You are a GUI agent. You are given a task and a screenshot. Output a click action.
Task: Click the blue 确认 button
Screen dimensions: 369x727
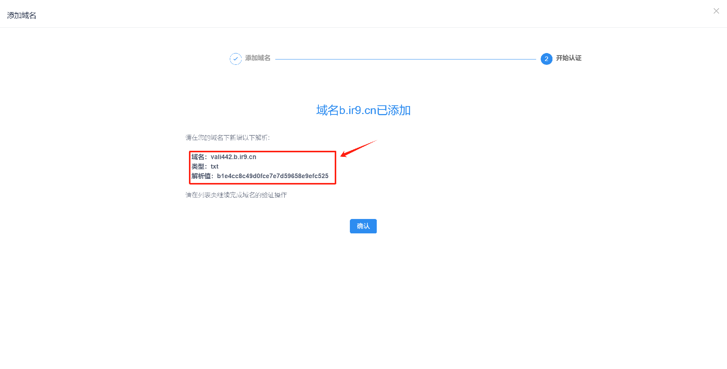coord(363,226)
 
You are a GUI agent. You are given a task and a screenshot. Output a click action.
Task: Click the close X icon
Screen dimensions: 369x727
coord(716,11)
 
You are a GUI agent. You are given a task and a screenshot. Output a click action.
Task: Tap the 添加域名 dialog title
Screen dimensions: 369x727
coord(22,16)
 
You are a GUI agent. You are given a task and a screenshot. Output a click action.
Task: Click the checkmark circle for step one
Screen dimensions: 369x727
coord(236,59)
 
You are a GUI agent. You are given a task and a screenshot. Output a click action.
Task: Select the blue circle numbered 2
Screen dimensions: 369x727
coord(546,59)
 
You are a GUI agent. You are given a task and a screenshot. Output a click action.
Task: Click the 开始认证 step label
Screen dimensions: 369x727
coord(568,58)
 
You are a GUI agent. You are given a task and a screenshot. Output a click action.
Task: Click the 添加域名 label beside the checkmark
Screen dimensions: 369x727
coord(257,58)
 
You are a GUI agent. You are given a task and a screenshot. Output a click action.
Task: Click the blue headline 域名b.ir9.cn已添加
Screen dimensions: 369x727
coord(363,110)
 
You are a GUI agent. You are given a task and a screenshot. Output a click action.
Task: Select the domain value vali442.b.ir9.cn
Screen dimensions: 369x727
coord(233,157)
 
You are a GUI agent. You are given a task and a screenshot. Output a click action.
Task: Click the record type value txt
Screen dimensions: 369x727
coord(214,166)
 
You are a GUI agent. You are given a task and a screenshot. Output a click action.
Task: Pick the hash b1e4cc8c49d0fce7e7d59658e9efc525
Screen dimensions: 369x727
coord(273,176)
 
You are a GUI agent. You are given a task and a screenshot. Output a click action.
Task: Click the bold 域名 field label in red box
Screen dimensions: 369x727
coord(198,157)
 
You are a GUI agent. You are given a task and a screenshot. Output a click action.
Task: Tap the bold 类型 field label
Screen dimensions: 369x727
coord(198,166)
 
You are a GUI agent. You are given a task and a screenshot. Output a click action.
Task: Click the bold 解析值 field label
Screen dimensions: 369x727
coord(201,176)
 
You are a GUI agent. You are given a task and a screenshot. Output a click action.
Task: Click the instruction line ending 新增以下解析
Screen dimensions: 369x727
coord(227,138)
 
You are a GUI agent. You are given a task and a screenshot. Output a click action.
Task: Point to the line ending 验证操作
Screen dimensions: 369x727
coord(236,195)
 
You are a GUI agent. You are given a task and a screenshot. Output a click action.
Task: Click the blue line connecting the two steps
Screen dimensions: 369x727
coord(405,59)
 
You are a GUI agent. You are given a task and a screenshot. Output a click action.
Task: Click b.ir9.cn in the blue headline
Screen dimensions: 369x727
coord(357,110)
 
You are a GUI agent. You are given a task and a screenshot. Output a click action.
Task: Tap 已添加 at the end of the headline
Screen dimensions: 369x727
coord(394,110)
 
